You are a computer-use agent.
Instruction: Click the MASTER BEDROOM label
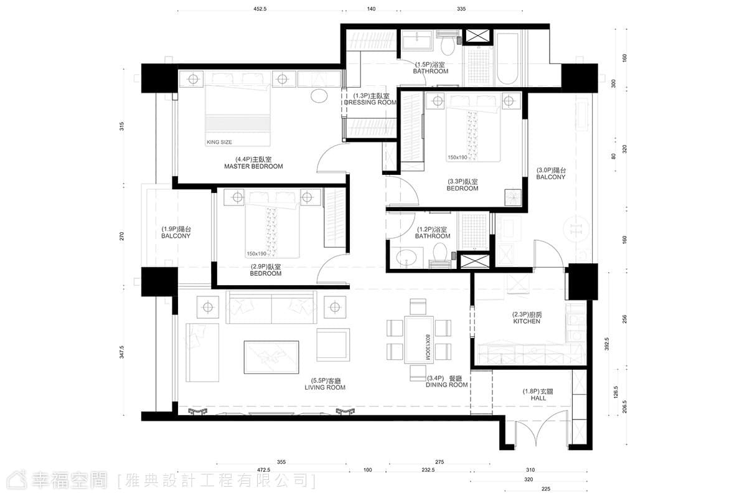coord(253,166)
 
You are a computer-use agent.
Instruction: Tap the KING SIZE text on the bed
coord(219,142)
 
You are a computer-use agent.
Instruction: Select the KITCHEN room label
coord(527,321)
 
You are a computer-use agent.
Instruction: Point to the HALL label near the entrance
coord(538,398)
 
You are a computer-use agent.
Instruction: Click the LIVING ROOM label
coord(325,387)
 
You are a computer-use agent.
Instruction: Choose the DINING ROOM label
coord(446,385)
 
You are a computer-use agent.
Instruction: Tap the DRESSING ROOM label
coord(370,103)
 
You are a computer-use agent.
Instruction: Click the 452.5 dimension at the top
coord(260,9)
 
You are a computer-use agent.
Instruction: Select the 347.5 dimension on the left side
coord(122,352)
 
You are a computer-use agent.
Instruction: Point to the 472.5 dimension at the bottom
coord(263,470)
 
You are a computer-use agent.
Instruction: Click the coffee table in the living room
coord(271,357)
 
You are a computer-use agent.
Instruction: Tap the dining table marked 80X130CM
coord(419,340)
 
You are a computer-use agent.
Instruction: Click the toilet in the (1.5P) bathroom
coord(448,43)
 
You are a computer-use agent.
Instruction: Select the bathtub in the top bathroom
coord(507,58)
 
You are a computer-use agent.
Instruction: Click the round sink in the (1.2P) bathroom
coord(406,258)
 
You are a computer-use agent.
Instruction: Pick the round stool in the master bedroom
coord(319,96)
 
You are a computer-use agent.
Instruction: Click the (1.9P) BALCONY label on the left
coord(176,232)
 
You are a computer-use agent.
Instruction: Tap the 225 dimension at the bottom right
coord(546,489)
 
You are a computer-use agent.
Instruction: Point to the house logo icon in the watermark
coord(17,480)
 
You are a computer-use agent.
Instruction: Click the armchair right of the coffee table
coord(333,345)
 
